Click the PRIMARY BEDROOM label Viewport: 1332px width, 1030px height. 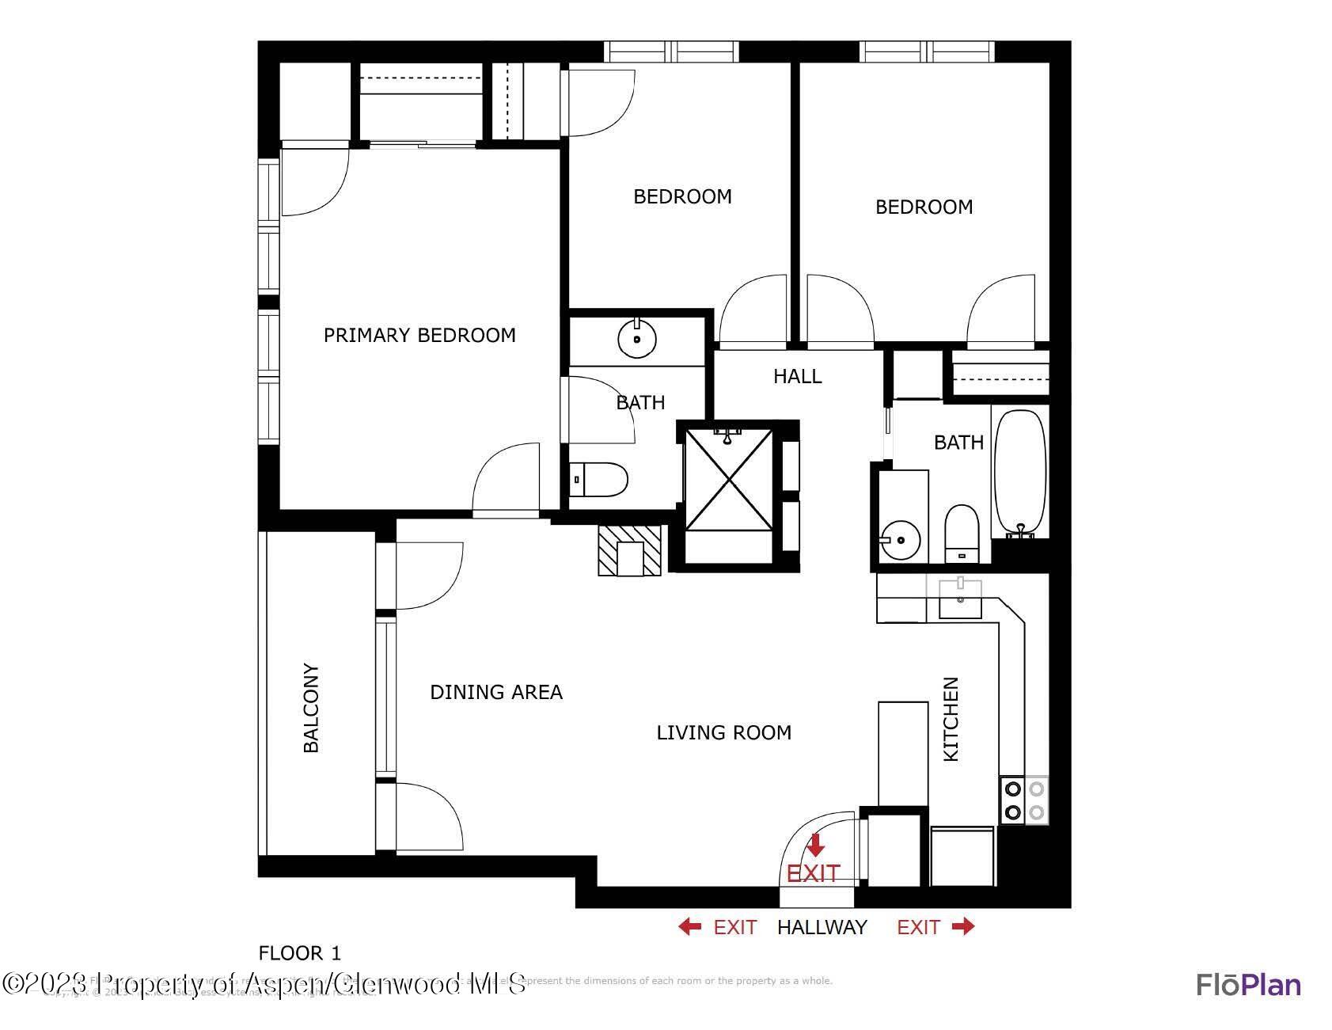point(419,336)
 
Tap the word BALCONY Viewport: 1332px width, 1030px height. point(311,708)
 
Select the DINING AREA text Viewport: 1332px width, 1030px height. point(496,692)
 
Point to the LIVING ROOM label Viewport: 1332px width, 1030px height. point(724,732)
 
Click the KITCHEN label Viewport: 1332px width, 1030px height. point(951,719)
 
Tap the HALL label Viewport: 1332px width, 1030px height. point(797,376)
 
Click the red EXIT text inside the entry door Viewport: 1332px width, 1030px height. point(813,873)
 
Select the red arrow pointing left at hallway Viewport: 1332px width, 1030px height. point(689,926)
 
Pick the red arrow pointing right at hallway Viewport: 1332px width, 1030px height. point(963,926)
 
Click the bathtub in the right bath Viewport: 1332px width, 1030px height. point(1020,473)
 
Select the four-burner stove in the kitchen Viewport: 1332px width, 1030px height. point(1024,800)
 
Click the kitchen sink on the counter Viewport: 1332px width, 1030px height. point(960,599)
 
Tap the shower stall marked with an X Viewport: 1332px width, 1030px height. point(728,479)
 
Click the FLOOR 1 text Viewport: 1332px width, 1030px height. point(300,952)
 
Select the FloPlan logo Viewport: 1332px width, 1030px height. point(1248,984)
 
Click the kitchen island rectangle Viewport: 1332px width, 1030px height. point(903,753)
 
